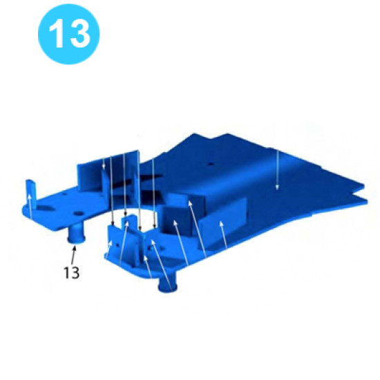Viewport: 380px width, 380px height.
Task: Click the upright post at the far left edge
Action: (30, 188)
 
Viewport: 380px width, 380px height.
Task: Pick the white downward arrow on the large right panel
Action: (277, 169)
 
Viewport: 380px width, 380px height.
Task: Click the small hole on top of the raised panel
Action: (209, 164)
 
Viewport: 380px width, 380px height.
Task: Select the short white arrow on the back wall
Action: (104, 166)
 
